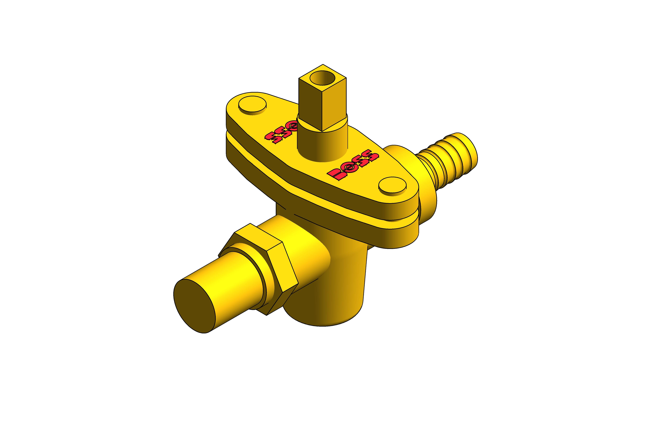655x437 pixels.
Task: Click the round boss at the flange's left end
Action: [252, 105]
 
